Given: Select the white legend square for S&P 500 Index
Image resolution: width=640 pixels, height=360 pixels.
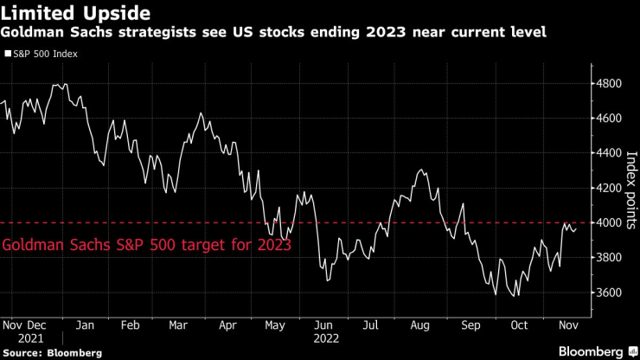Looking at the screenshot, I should click(x=8, y=54).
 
